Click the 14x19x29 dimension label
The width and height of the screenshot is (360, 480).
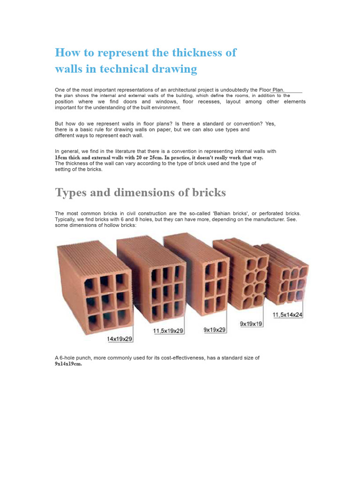pyautogui.click(x=120, y=338)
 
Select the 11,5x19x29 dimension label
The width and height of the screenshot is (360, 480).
pyautogui.click(x=169, y=331)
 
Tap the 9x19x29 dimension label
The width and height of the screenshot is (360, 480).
pyautogui.click(x=215, y=330)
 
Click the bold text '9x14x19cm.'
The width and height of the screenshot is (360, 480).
pyautogui.click(x=68, y=363)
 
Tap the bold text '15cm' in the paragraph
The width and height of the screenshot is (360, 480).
pyautogui.click(x=61, y=157)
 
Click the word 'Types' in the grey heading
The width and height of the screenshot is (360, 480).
pyautogui.click(x=70, y=193)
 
